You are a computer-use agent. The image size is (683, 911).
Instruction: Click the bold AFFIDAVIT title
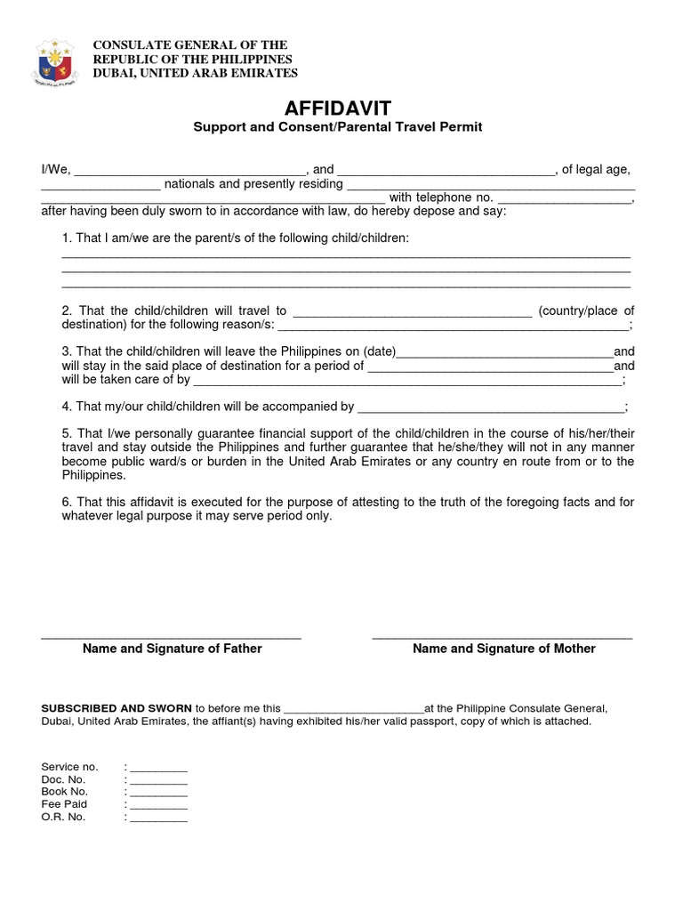tap(338, 109)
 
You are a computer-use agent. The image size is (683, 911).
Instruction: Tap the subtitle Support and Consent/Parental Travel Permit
tap(338, 127)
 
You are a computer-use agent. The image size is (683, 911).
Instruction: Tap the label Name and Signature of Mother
tap(504, 649)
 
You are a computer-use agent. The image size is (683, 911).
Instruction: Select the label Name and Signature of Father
tap(173, 649)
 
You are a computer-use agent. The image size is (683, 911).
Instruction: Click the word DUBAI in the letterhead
tap(116, 73)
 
